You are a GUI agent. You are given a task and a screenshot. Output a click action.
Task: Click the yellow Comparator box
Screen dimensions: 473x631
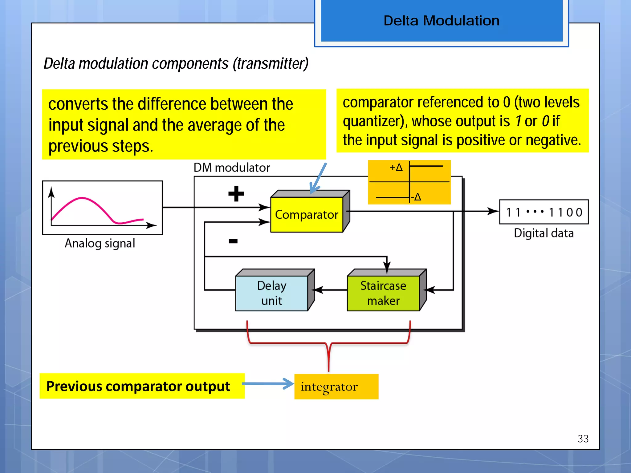307,215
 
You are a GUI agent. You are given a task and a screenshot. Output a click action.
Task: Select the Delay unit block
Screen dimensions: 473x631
271,293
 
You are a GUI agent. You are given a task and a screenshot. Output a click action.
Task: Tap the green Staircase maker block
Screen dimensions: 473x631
383,293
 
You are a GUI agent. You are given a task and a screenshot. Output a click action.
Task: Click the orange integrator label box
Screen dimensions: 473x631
336,386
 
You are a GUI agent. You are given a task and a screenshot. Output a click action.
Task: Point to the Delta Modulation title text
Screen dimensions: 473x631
441,21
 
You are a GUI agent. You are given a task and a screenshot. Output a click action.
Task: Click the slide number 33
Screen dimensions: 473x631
583,439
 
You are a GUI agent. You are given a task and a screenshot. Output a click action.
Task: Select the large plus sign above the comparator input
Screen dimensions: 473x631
236,194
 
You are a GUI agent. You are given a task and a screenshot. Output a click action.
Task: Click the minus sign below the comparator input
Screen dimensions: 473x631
233,241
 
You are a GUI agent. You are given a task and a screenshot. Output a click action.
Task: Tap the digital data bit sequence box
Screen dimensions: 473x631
544,212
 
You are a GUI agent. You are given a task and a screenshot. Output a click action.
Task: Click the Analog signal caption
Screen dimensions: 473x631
100,243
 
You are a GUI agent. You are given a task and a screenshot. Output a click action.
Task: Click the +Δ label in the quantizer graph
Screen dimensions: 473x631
396,168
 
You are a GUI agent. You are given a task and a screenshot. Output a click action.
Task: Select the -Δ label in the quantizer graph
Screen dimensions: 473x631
416,197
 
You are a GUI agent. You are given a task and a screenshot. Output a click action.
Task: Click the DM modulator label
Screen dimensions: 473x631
232,168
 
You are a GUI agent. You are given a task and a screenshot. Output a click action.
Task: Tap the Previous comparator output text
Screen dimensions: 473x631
138,386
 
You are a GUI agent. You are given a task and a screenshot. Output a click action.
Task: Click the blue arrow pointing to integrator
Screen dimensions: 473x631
268,384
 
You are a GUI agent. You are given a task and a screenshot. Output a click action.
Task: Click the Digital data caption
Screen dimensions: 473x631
544,233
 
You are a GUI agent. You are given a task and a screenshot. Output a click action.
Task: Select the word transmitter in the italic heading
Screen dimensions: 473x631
271,64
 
